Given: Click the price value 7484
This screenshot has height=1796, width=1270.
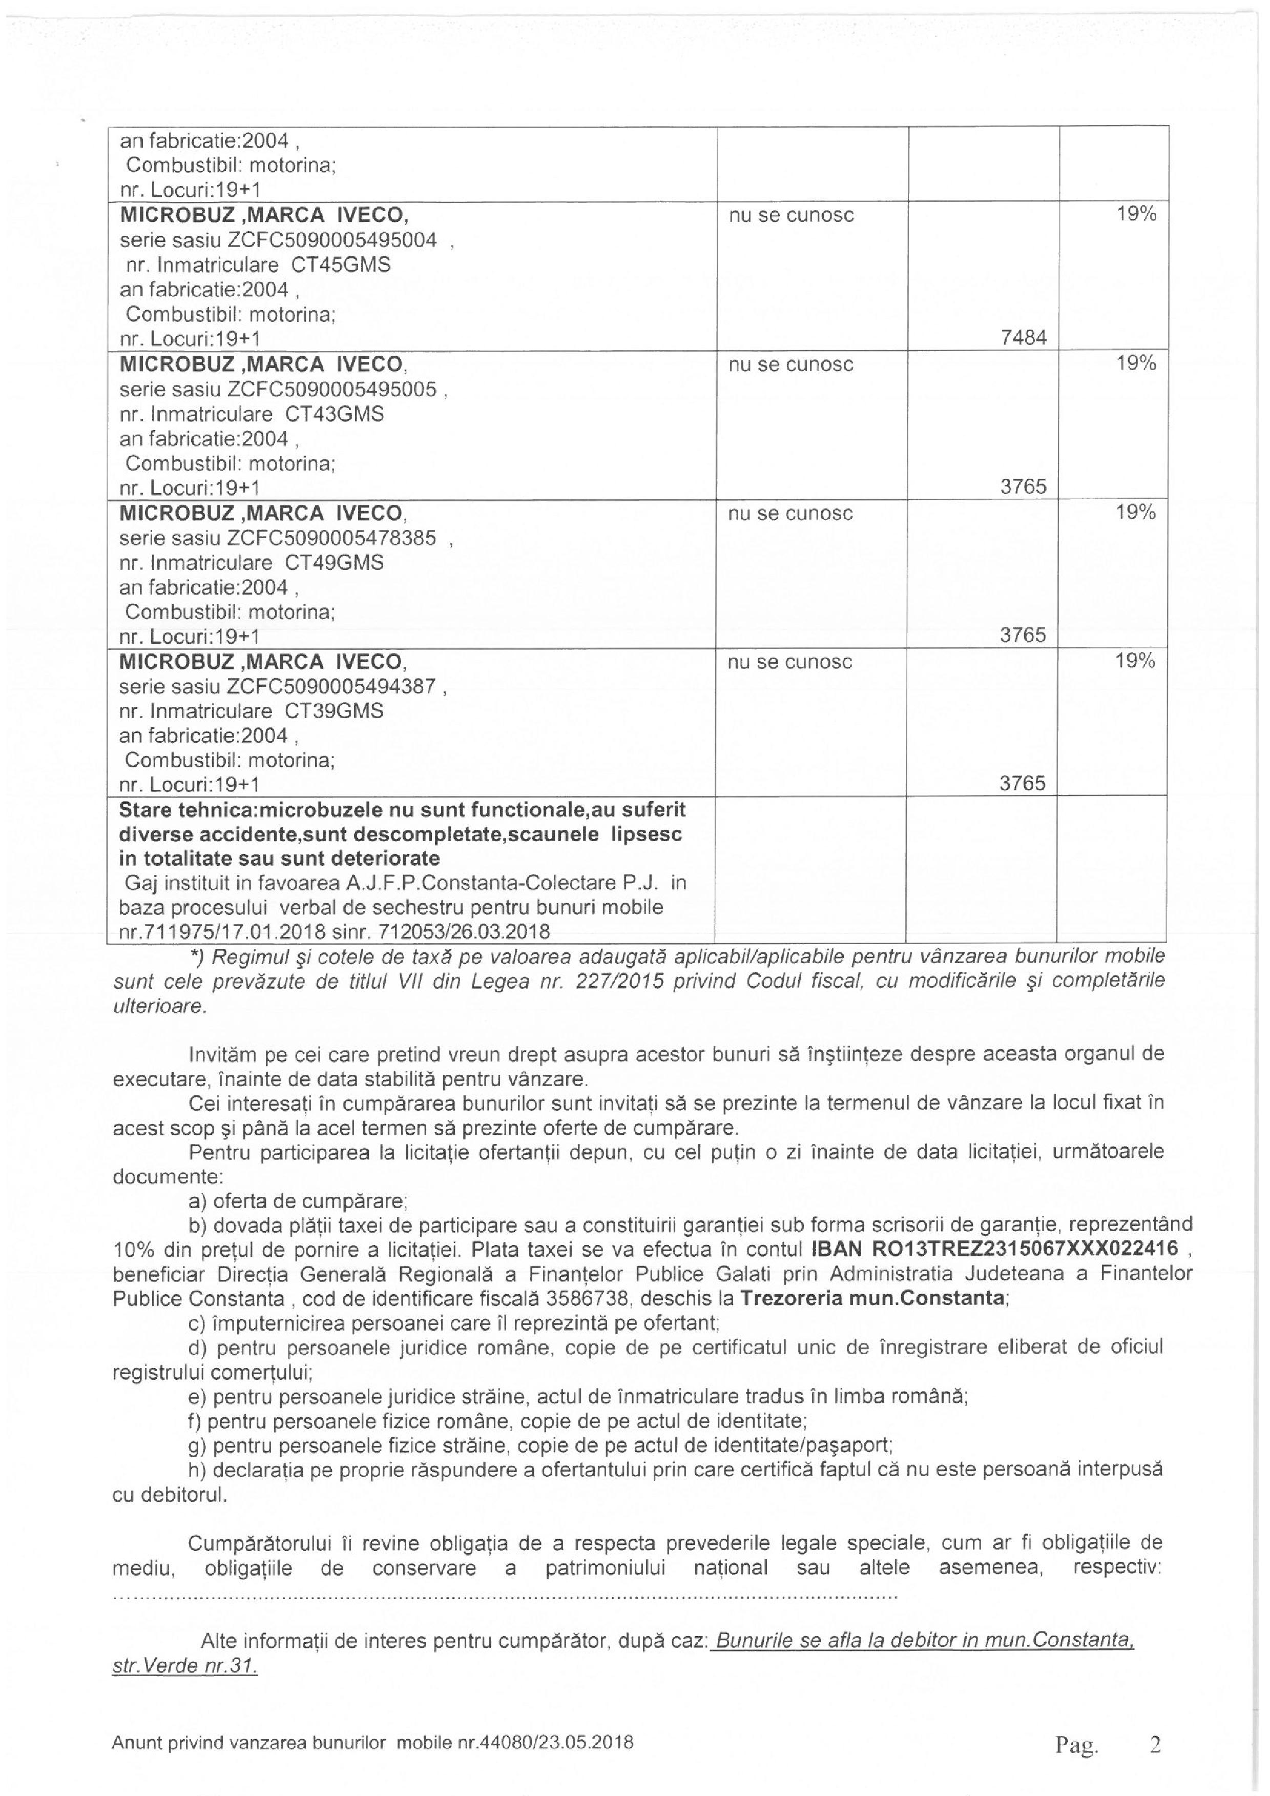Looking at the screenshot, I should (x=1023, y=338).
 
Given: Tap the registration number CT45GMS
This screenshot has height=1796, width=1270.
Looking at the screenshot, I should (x=341, y=265).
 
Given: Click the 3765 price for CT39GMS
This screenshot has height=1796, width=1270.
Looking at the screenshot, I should (x=1023, y=784).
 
